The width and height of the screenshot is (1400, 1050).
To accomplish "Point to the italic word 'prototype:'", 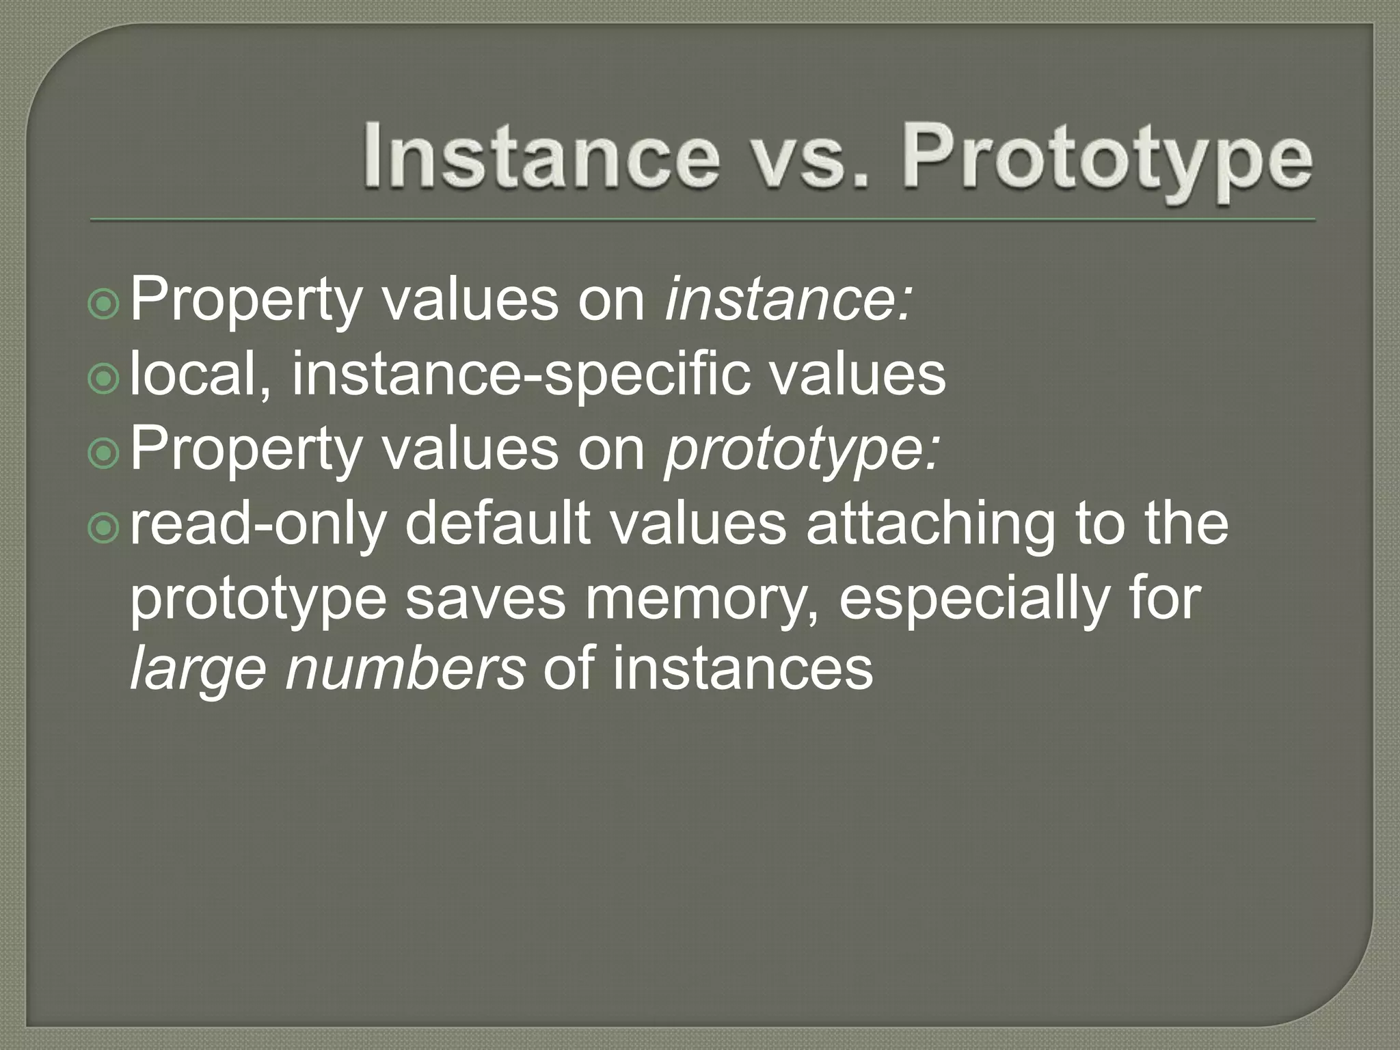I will [x=803, y=449].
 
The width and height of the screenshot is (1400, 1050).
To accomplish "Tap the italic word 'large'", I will [x=198, y=669].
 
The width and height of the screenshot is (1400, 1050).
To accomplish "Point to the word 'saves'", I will [x=485, y=598].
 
